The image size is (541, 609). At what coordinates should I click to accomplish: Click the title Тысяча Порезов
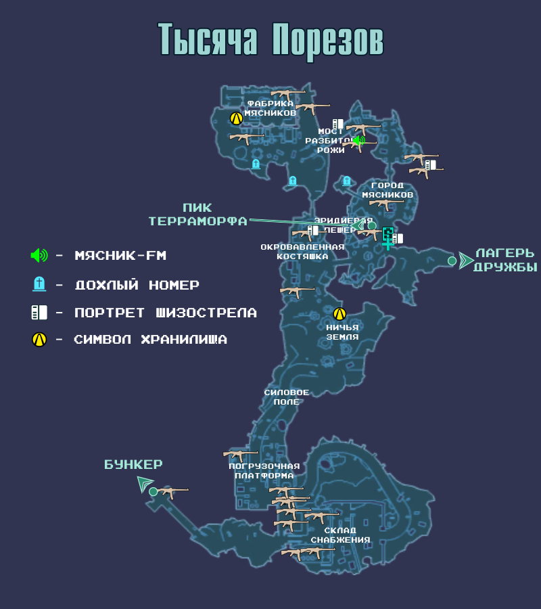click(270, 40)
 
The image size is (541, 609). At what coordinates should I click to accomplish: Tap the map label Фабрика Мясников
click(270, 108)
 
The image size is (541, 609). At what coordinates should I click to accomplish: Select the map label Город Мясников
click(387, 190)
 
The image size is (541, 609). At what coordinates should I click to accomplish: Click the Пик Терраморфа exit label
click(198, 215)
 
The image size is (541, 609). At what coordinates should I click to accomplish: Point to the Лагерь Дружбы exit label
click(505, 261)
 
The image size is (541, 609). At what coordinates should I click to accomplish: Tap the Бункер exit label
click(133, 465)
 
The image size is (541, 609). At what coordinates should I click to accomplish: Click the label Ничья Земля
click(342, 332)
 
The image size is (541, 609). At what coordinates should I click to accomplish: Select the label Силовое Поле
click(286, 397)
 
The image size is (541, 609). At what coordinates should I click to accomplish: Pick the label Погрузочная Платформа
click(264, 471)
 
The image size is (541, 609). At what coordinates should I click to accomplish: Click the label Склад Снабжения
click(340, 535)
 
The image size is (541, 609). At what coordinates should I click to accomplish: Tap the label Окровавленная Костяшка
click(302, 252)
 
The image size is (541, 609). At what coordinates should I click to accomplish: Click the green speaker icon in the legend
click(39, 256)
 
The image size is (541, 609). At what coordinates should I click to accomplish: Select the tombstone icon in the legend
click(39, 284)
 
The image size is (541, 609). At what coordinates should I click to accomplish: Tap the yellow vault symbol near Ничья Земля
click(339, 314)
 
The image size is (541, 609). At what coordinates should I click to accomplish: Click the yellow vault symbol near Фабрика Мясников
click(236, 118)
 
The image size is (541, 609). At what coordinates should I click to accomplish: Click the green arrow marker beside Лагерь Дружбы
click(466, 261)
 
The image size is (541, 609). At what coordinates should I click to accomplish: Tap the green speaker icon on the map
click(358, 141)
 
